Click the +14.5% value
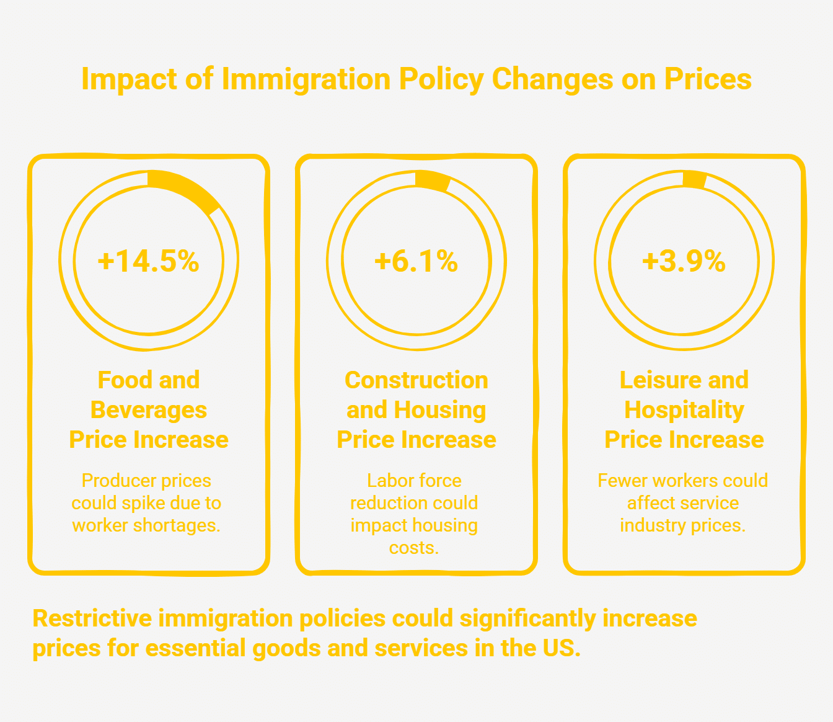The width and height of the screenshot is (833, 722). click(x=148, y=261)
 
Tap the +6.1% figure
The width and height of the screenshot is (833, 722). click(x=416, y=261)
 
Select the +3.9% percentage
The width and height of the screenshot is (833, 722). click(x=684, y=261)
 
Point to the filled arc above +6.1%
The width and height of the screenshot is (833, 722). click(x=433, y=180)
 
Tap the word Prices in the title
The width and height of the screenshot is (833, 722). click(x=708, y=79)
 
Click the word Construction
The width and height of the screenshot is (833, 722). click(x=416, y=380)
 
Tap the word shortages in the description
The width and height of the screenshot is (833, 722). click(x=177, y=526)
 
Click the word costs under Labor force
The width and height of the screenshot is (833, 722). click(x=413, y=548)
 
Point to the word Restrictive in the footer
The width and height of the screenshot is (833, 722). click(x=92, y=618)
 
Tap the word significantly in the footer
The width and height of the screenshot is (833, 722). click(x=527, y=620)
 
